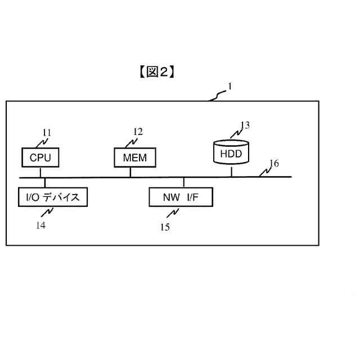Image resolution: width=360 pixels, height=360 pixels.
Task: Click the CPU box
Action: [40, 157]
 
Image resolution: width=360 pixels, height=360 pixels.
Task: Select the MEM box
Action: [134, 157]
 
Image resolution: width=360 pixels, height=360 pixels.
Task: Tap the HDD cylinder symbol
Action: [231, 152]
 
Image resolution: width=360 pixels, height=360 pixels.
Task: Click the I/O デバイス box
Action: [52, 197]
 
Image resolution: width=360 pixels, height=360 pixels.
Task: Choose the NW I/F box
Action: [181, 197]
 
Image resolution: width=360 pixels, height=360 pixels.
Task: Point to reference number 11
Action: [47, 133]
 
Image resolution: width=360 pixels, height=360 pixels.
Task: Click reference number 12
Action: [138, 132]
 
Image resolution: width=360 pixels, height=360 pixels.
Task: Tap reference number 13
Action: [245, 125]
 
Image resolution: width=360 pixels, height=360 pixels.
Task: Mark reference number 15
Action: [164, 227]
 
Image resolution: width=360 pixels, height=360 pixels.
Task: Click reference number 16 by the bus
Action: [273, 164]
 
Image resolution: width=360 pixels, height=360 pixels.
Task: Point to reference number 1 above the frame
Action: [229, 87]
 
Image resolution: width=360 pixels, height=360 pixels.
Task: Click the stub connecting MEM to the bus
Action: [130, 172]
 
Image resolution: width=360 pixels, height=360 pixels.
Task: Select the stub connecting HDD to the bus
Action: [231, 171]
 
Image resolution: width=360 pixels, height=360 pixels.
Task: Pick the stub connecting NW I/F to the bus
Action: [184, 183]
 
